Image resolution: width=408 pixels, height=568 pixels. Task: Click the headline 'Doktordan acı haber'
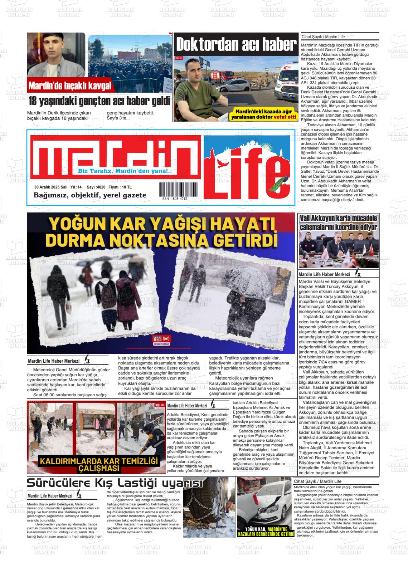236,45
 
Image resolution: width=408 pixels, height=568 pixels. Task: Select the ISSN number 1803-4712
174,199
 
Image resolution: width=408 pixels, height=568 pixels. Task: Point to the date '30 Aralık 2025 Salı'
51,187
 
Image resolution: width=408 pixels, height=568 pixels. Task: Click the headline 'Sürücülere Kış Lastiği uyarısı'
115,483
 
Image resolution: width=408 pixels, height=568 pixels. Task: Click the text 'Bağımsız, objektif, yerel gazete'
90,195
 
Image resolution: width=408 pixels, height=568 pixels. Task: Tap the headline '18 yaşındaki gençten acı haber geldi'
99,102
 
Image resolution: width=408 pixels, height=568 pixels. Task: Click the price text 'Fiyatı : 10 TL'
120,187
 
